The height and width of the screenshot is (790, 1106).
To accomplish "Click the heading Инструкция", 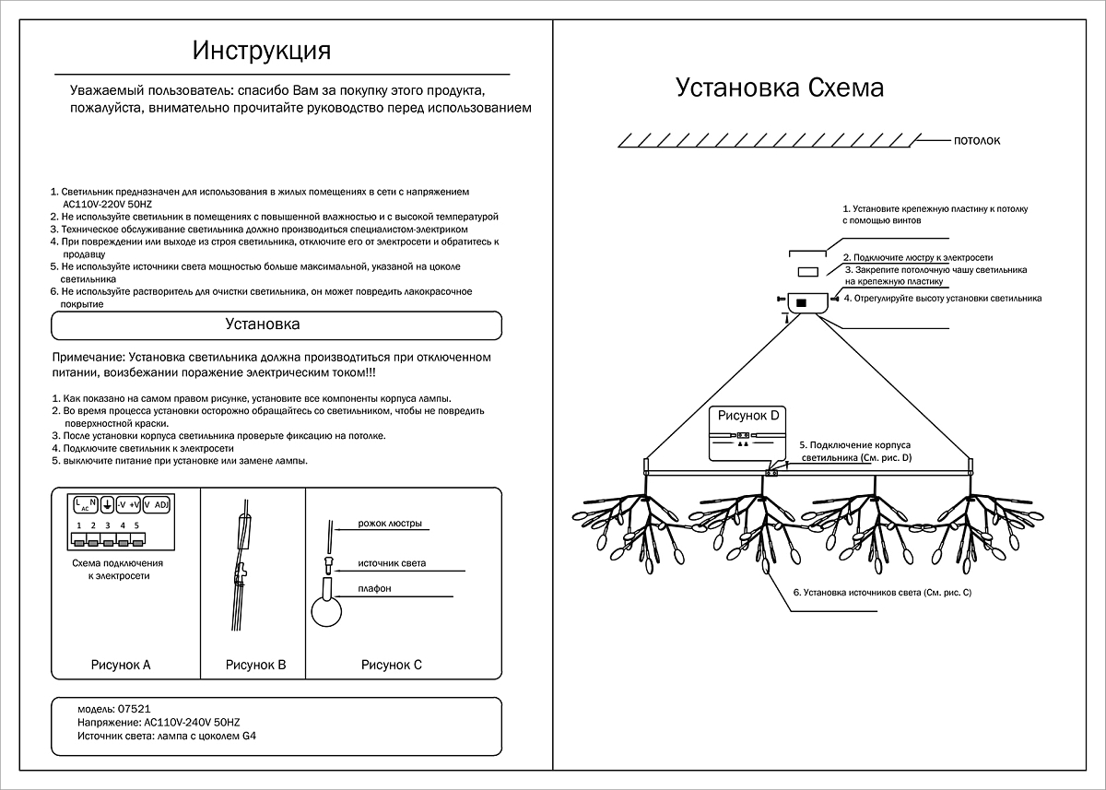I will (x=262, y=50).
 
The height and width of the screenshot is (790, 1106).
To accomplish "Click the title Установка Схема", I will (x=780, y=88).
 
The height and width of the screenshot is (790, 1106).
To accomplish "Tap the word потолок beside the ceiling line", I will (x=976, y=141).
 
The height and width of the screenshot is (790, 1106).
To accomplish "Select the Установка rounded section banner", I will (x=275, y=325).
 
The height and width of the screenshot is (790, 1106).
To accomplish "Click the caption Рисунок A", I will (x=121, y=664).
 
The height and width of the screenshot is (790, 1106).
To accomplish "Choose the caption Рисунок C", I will (x=392, y=664).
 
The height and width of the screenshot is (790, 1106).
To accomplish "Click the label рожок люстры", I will (x=390, y=524).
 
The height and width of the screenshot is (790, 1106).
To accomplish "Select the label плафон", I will (x=375, y=587).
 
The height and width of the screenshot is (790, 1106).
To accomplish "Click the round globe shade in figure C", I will (x=325, y=610).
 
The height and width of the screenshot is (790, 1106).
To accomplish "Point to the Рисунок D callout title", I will (x=748, y=417).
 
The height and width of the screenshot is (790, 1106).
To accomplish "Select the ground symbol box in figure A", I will (x=107, y=504).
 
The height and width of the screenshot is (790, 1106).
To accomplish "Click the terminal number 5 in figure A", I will (x=136, y=525).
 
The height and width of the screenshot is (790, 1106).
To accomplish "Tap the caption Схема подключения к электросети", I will (x=118, y=569).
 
